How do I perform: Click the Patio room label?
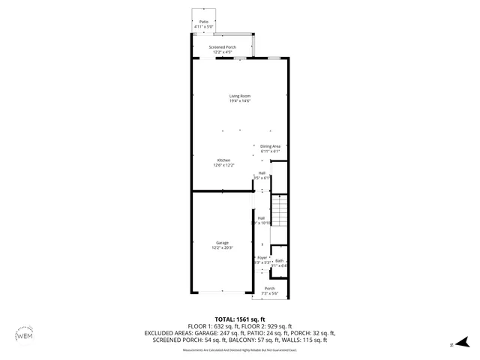pyautogui.click(x=203, y=22)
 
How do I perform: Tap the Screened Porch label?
pyautogui.click(x=222, y=46)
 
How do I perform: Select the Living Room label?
pyautogui.click(x=240, y=95)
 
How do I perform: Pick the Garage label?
pyautogui.click(x=222, y=242)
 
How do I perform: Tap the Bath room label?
pyautogui.click(x=279, y=260)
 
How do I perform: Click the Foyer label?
pyautogui.click(x=262, y=257)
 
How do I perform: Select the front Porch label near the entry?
pyautogui.click(x=269, y=288)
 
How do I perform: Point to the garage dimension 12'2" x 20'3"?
pyautogui.click(x=222, y=247)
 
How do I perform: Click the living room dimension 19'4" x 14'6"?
pyautogui.click(x=240, y=100)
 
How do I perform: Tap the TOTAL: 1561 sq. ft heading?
pyautogui.click(x=240, y=319)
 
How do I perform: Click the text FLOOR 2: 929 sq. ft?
pyautogui.click(x=271, y=326)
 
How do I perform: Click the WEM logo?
pyautogui.click(x=24, y=335)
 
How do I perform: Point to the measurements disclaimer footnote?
pyautogui.click(x=240, y=349)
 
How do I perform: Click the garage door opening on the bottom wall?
pyautogui.click(x=222, y=292)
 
